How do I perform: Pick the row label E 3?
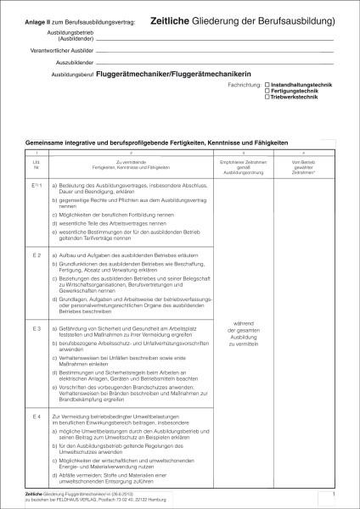tap(37, 327)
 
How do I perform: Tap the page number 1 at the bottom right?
tap(335, 493)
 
